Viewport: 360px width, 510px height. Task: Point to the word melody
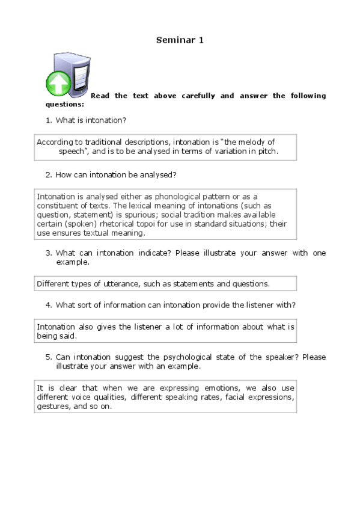(245, 142)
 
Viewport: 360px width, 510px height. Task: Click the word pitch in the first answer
(267, 152)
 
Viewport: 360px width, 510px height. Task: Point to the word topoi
(147, 223)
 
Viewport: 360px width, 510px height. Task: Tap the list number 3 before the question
(48, 253)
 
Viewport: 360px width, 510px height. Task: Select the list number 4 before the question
(48, 305)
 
